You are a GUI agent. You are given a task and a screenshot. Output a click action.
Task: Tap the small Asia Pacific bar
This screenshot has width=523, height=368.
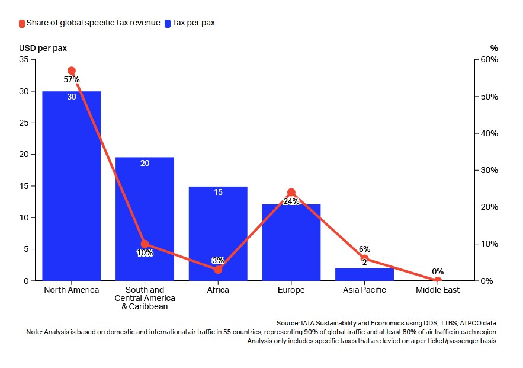tap(364, 274)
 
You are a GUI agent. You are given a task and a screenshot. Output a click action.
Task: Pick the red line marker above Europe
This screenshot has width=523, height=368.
tap(291, 193)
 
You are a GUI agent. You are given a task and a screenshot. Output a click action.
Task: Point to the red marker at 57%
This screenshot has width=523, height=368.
tap(72, 71)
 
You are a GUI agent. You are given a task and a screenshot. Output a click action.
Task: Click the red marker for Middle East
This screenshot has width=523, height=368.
tap(437, 280)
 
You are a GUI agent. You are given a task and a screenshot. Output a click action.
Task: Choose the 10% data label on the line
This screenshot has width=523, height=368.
tap(145, 253)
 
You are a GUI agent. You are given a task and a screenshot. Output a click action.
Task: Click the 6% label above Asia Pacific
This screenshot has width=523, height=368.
tap(364, 249)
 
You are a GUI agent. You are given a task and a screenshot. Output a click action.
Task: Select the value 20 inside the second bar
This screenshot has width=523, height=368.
tap(145, 163)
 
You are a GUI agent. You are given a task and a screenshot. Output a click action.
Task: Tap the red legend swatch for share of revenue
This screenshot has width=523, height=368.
tap(22, 23)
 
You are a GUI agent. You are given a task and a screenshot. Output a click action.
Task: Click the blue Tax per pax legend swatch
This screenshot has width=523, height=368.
tap(168, 23)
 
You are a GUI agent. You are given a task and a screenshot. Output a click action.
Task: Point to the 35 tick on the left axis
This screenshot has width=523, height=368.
tap(24, 60)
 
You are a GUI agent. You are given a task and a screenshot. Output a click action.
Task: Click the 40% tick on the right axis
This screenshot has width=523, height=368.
tap(489, 133)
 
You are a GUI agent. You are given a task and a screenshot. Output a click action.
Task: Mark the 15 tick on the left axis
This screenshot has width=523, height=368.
tap(24, 186)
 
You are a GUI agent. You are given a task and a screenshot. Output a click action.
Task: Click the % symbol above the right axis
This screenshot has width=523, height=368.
tap(494, 48)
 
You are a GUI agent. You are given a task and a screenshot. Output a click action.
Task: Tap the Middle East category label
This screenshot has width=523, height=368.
tap(437, 290)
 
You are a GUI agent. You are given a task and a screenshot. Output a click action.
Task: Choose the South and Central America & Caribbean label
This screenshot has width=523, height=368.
tap(145, 298)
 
